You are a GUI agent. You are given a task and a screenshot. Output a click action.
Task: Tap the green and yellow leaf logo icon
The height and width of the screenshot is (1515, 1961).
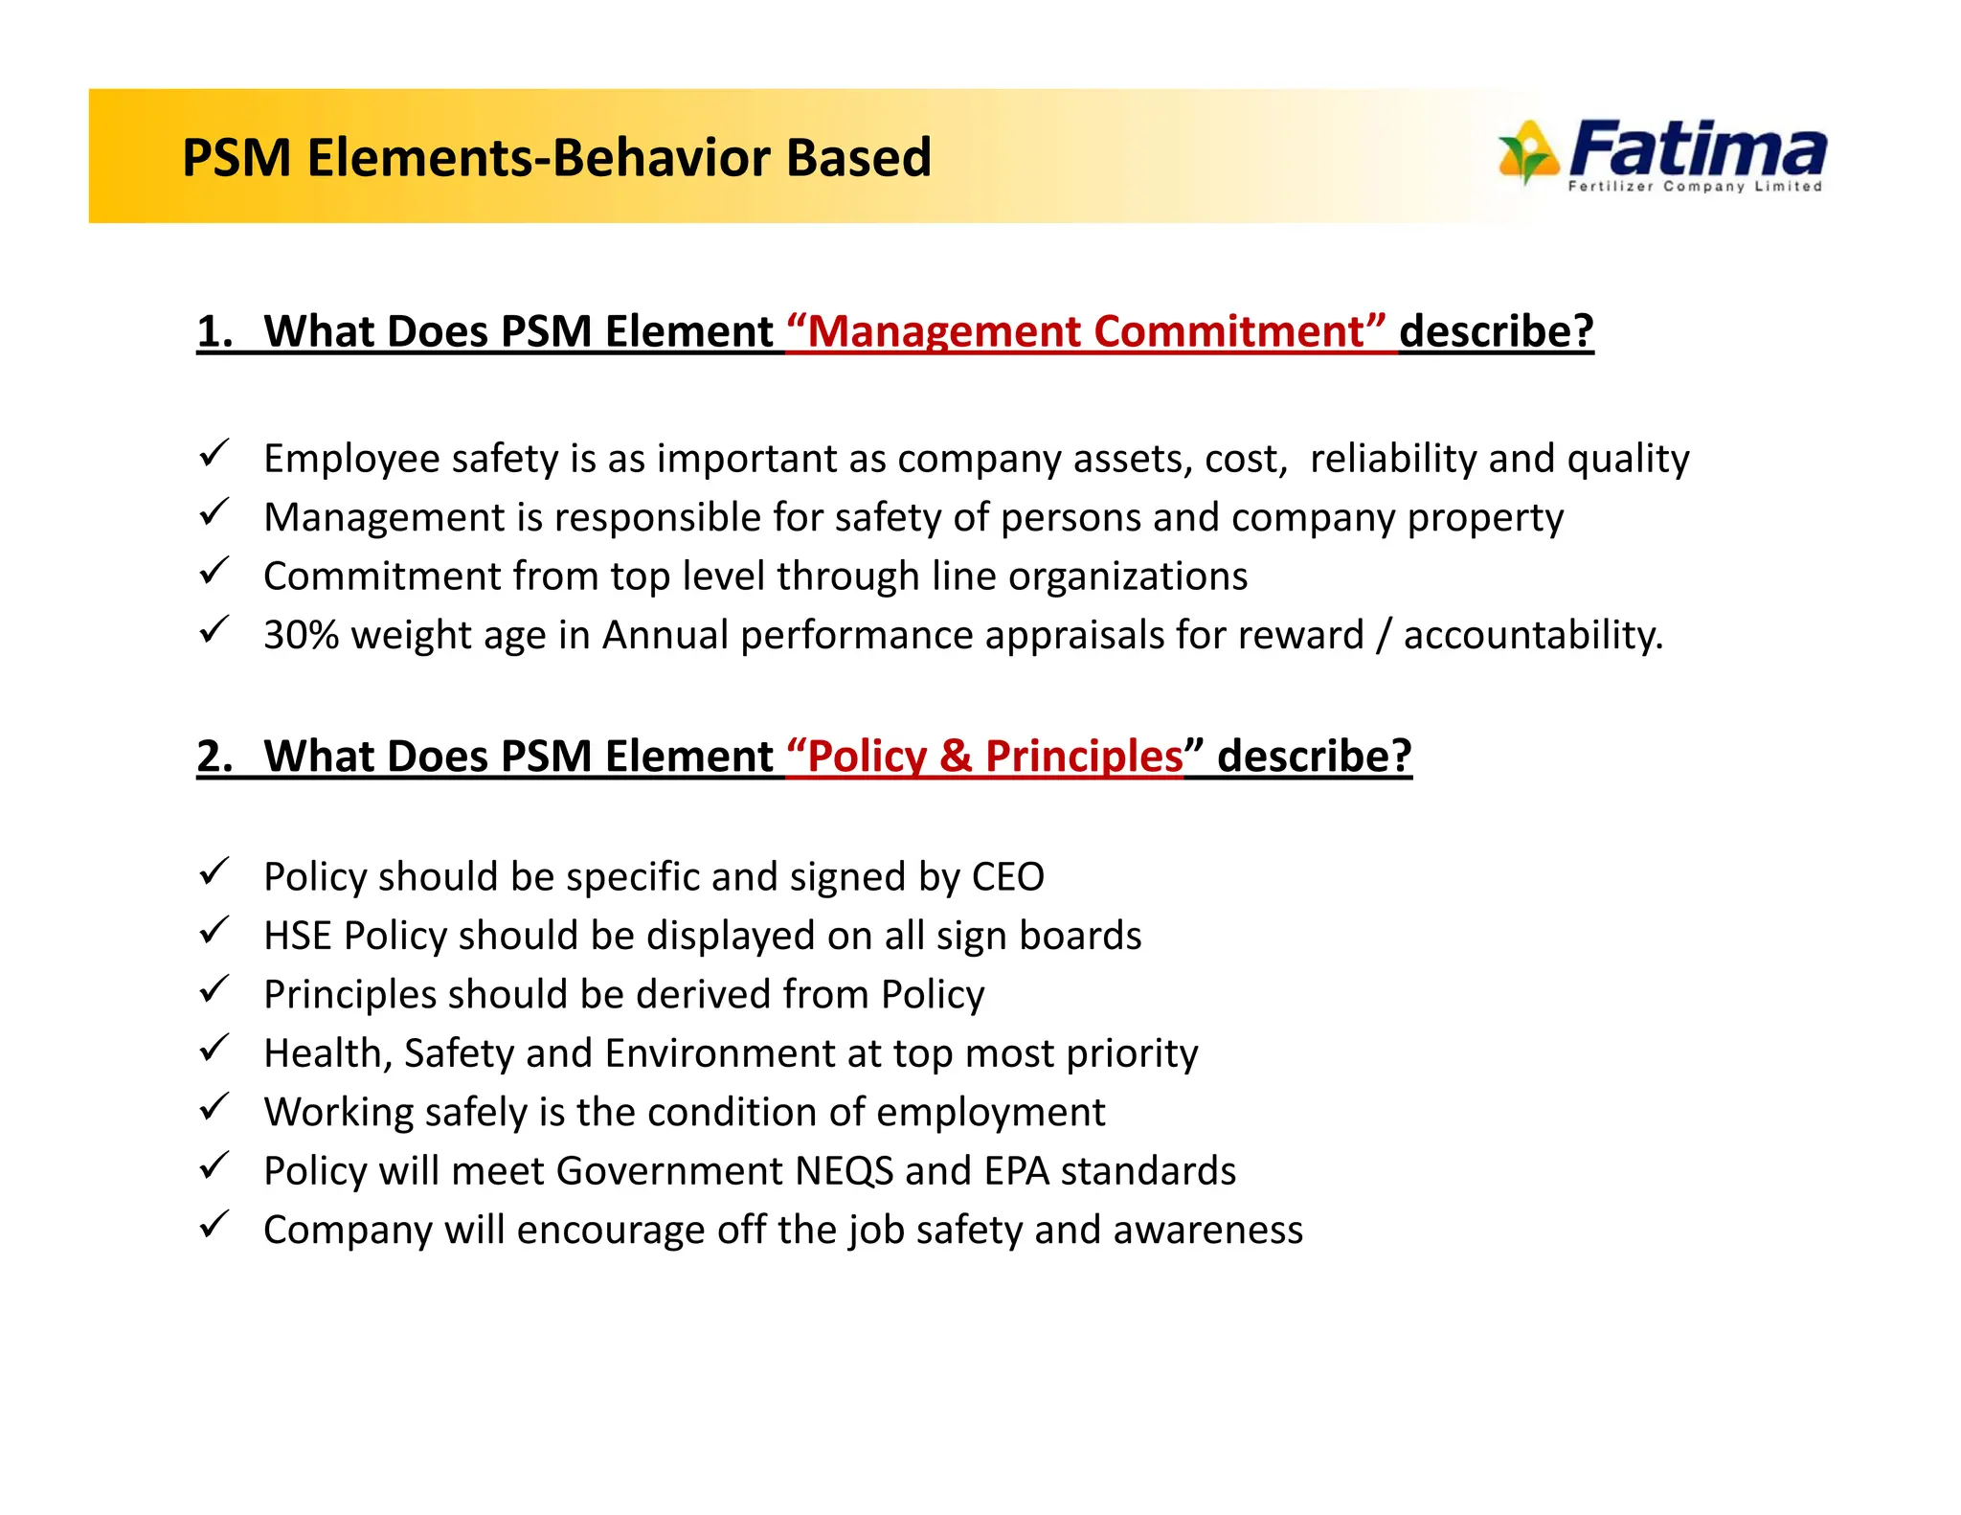pyautogui.click(x=1527, y=151)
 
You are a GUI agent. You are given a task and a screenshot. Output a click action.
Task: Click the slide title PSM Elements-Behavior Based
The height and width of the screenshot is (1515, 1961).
pyautogui.click(x=556, y=158)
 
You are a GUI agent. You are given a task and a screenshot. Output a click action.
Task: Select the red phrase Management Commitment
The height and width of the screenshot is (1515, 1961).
pyautogui.click(x=1086, y=331)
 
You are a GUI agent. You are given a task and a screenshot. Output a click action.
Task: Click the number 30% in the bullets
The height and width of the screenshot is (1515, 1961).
pyautogui.click(x=301, y=635)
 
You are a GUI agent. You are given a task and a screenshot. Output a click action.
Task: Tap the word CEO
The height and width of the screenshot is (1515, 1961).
pyautogui.click(x=1007, y=877)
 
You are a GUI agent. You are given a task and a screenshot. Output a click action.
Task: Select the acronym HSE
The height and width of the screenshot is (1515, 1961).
pyautogui.click(x=298, y=936)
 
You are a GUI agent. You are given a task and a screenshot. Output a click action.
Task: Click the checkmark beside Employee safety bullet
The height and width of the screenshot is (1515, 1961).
pyautogui.click(x=214, y=453)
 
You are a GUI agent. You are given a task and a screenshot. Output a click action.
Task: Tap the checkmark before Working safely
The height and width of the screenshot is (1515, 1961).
pyautogui.click(x=214, y=1107)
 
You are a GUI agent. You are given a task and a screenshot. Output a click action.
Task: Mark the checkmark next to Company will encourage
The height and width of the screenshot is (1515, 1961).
pyautogui.click(x=214, y=1225)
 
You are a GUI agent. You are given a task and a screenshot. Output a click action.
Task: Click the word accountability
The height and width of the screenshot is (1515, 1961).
pyautogui.click(x=1532, y=635)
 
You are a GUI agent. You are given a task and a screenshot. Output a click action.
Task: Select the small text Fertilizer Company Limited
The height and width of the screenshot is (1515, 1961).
pyautogui.click(x=1694, y=187)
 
